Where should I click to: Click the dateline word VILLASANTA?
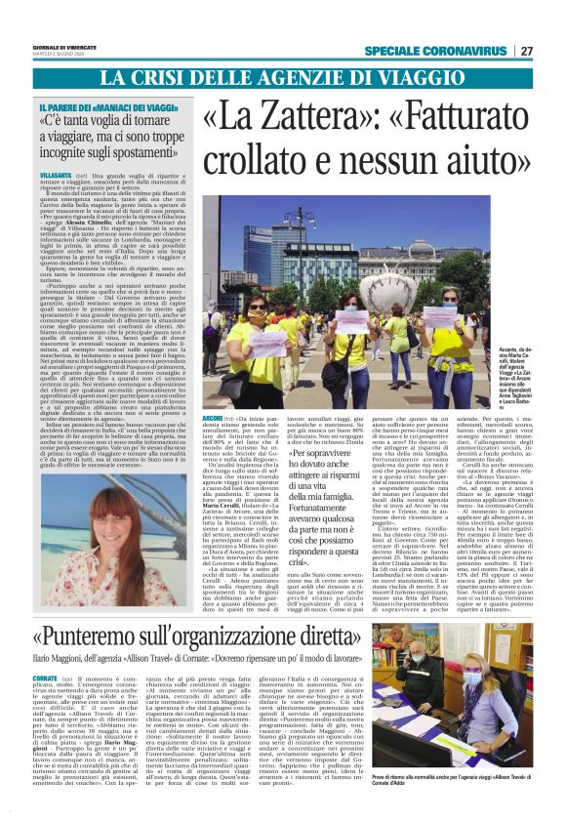(x=56, y=172)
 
